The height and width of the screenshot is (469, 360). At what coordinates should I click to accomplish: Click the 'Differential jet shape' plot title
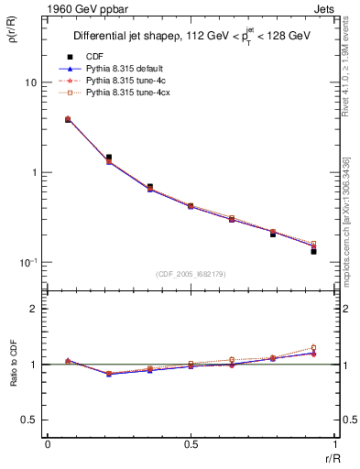pyautogui.click(x=191, y=36)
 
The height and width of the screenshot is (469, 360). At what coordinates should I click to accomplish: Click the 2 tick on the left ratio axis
pyautogui.click(x=36, y=310)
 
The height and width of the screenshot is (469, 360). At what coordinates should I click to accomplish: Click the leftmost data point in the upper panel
pyautogui.click(x=68, y=119)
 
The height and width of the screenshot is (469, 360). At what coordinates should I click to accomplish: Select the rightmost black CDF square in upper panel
pyautogui.click(x=313, y=251)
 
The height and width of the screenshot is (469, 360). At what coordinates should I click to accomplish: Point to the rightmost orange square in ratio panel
pyautogui.click(x=313, y=348)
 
